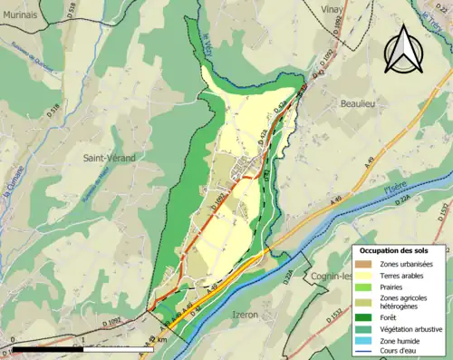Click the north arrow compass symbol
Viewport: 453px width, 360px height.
coord(402,49)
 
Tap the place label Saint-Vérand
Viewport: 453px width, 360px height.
coord(110,158)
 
